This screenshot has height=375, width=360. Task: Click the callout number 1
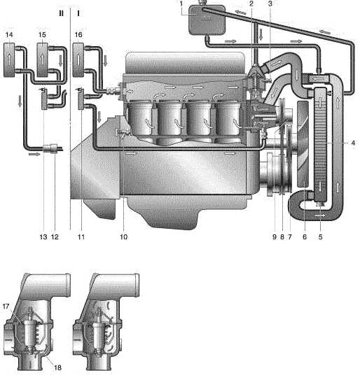[181, 3]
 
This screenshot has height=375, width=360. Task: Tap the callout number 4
[353, 143]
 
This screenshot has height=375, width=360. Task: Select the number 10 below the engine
[124, 236]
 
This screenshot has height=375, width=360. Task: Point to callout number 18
[57, 367]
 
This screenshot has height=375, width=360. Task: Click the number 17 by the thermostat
[6, 306]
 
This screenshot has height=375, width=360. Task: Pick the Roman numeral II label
[62, 13]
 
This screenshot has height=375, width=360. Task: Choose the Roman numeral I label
[78, 13]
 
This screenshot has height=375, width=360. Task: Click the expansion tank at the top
[207, 20]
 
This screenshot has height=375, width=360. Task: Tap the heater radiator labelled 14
[9, 59]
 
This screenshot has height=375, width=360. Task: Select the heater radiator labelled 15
[42, 59]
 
